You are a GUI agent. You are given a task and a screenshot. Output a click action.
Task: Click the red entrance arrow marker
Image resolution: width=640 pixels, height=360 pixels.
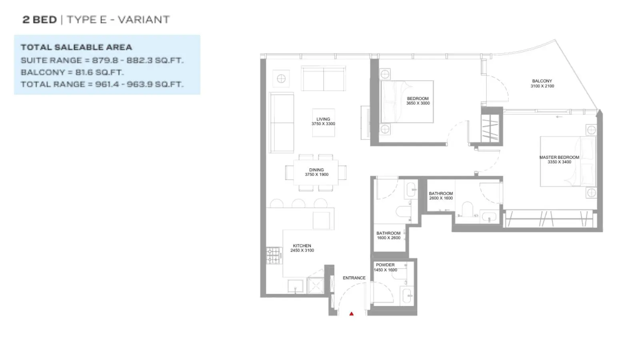pyautogui.click(x=352, y=314)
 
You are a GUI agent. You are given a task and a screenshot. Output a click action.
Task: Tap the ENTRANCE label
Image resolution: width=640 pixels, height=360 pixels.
pyautogui.click(x=354, y=278)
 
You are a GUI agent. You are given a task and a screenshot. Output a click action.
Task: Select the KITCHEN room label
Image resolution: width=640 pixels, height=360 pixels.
pyautogui.click(x=302, y=246)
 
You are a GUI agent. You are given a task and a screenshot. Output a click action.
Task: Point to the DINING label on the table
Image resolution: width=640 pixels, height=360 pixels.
pyautogui.click(x=316, y=170)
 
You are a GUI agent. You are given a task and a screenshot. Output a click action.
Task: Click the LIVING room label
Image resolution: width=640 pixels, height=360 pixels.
pyautogui.click(x=323, y=119)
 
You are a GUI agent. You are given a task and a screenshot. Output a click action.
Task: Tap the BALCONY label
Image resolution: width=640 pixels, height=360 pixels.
pyautogui.click(x=542, y=81)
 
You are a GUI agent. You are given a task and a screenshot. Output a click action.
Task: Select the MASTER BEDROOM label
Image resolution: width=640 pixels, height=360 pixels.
pyautogui.click(x=559, y=158)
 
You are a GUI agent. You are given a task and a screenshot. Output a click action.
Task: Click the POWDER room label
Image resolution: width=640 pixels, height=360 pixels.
pyautogui.click(x=385, y=265)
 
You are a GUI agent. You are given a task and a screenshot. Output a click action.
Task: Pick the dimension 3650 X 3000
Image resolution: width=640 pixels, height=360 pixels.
pyautogui.click(x=418, y=103)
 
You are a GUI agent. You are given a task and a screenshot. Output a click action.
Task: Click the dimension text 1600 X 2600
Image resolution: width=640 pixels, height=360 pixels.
pyautogui.click(x=388, y=238)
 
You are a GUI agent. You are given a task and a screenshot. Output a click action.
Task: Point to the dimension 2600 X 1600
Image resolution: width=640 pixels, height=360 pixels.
pyautogui.click(x=441, y=198)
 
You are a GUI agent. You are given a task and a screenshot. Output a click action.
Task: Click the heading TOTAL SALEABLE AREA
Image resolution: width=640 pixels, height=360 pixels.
pyautogui.click(x=76, y=47)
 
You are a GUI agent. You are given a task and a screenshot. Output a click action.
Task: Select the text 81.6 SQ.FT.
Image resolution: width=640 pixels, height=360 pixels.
pyautogui.click(x=100, y=72)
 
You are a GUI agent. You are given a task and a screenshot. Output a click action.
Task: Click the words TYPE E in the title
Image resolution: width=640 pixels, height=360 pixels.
pyautogui.click(x=86, y=20)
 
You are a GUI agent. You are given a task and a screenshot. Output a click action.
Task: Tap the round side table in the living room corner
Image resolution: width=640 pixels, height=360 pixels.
pyautogui.click(x=281, y=78)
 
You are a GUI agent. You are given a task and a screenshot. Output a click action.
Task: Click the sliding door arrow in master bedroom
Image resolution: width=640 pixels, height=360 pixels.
pyautogui.click(x=559, y=116)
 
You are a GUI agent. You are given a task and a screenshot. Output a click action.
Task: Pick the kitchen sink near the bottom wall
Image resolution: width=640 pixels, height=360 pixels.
pyautogui.click(x=295, y=286)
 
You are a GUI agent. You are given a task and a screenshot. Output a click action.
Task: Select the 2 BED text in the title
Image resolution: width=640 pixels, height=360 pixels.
pyautogui.click(x=40, y=20)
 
